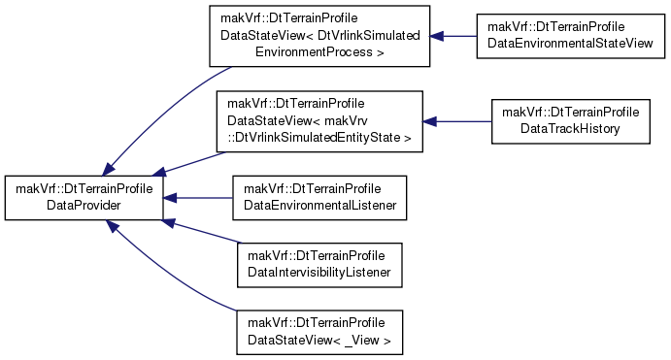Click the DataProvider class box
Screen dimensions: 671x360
click(84, 198)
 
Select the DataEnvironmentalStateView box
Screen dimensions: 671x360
click(570, 36)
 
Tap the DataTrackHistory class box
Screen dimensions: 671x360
click(570, 121)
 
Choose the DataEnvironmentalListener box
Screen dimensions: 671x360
click(319, 198)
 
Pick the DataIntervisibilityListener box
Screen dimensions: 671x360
click(319, 265)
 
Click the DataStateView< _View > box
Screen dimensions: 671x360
click(319, 332)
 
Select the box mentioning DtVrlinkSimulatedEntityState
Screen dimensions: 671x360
click(319, 121)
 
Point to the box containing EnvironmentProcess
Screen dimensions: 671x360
click(319, 36)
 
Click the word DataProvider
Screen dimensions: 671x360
click(84, 206)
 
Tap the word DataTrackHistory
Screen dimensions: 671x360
click(570, 129)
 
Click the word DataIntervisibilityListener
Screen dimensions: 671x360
click(319, 273)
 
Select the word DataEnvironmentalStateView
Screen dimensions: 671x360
click(570, 44)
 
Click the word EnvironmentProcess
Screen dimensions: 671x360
click(314, 52)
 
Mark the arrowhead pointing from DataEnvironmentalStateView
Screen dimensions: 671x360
click(437, 36)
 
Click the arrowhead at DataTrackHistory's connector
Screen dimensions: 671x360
click(429, 121)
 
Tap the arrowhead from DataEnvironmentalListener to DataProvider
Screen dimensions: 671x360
click(170, 198)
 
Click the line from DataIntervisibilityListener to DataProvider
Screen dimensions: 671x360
click(201, 231)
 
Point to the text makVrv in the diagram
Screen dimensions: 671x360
click(347, 120)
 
